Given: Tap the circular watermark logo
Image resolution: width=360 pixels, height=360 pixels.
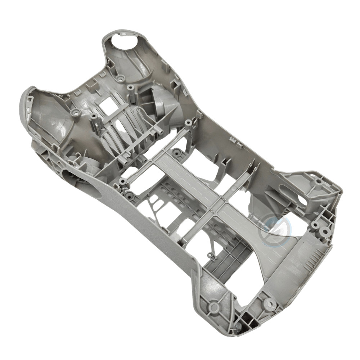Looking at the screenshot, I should (274, 229).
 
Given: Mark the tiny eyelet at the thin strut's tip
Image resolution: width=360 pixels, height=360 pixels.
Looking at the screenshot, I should (210, 255).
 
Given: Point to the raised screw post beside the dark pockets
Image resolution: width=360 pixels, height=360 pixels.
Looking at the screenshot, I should (269, 304).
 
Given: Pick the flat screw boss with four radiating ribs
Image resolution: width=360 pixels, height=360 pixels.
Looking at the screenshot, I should (214, 307).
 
